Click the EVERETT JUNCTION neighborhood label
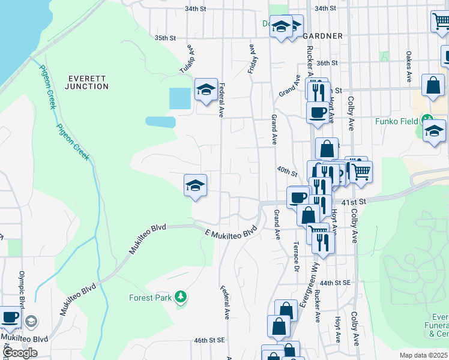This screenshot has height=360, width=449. click(88, 82)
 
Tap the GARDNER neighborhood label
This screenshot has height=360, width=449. click(327, 36)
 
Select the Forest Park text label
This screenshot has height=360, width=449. click(149, 297)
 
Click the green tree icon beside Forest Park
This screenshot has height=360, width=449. click(179, 296)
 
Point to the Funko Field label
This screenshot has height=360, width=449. click(396, 121)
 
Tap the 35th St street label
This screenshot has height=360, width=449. click(165, 38)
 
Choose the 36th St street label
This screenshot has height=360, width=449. click(327, 63)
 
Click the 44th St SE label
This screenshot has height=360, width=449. click(334, 282)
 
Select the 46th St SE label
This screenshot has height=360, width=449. click(209, 340)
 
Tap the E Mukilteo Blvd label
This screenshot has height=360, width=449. click(231, 231)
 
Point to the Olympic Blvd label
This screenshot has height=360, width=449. click(22, 293)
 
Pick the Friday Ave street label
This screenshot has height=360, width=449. click(253, 58)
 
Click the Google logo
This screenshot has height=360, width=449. click(20, 353)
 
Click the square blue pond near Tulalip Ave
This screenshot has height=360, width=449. click(180, 98)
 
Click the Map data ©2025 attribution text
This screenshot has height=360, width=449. click(424, 355)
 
